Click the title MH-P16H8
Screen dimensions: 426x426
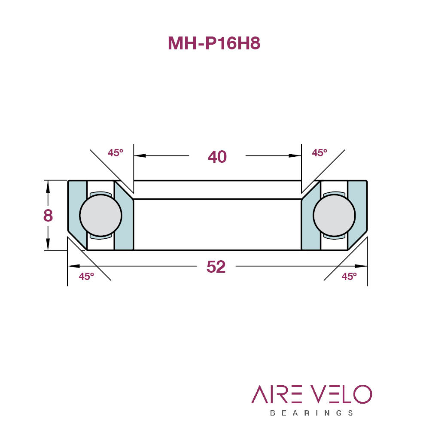click(x=214, y=43)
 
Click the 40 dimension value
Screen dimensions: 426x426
click(x=217, y=157)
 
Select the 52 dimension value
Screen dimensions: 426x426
click(x=216, y=267)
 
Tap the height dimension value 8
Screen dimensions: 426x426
click(x=48, y=215)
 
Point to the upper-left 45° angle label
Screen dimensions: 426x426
click(x=116, y=153)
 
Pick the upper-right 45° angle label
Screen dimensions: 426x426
click(x=319, y=153)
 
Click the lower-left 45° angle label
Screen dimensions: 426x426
click(x=86, y=277)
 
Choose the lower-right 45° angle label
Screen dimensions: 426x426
click(x=349, y=277)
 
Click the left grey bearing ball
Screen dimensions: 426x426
click(x=100, y=215)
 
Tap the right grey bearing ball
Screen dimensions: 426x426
click(x=334, y=215)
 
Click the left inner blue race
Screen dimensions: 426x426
click(x=124, y=219)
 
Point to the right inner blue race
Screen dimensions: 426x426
click(x=311, y=219)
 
